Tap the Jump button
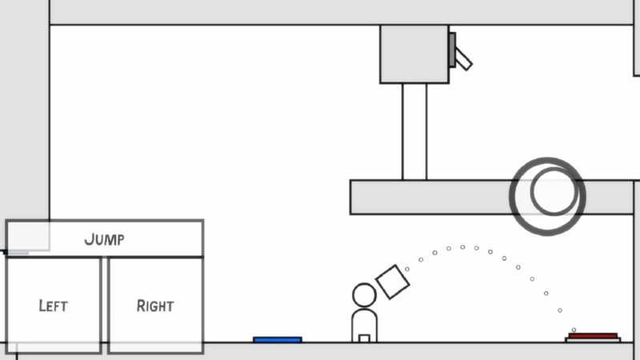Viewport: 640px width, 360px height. click(x=105, y=238)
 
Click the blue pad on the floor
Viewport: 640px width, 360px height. click(x=278, y=339)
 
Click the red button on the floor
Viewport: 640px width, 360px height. click(x=593, y=336)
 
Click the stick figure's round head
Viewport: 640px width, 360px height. click(x=364, y=295)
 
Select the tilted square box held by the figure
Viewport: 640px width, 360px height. click(x=393, y=282)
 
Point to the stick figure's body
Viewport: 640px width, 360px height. click(x=364, y=326)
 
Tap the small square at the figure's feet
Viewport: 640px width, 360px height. click(x=364, y=338)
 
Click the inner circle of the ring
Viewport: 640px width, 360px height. click(x=554, y=191)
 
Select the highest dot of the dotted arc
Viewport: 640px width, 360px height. click(x=462, y=247)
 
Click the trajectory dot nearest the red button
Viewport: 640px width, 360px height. click(x=574, y=330)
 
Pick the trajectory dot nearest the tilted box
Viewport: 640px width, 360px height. click(x=407, y=269)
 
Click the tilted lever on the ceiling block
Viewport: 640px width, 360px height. click(x=463, y=58)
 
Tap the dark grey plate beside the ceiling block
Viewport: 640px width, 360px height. click(x=452, y=50)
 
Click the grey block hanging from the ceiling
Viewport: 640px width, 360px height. click(x=414, y=54)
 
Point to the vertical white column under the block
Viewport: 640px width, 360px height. click(x=414, y=132)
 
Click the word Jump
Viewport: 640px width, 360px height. click(x=105, y=239)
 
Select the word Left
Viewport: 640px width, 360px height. click(x=53, y=306)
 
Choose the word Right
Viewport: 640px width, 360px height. click(x=155, y=306)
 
